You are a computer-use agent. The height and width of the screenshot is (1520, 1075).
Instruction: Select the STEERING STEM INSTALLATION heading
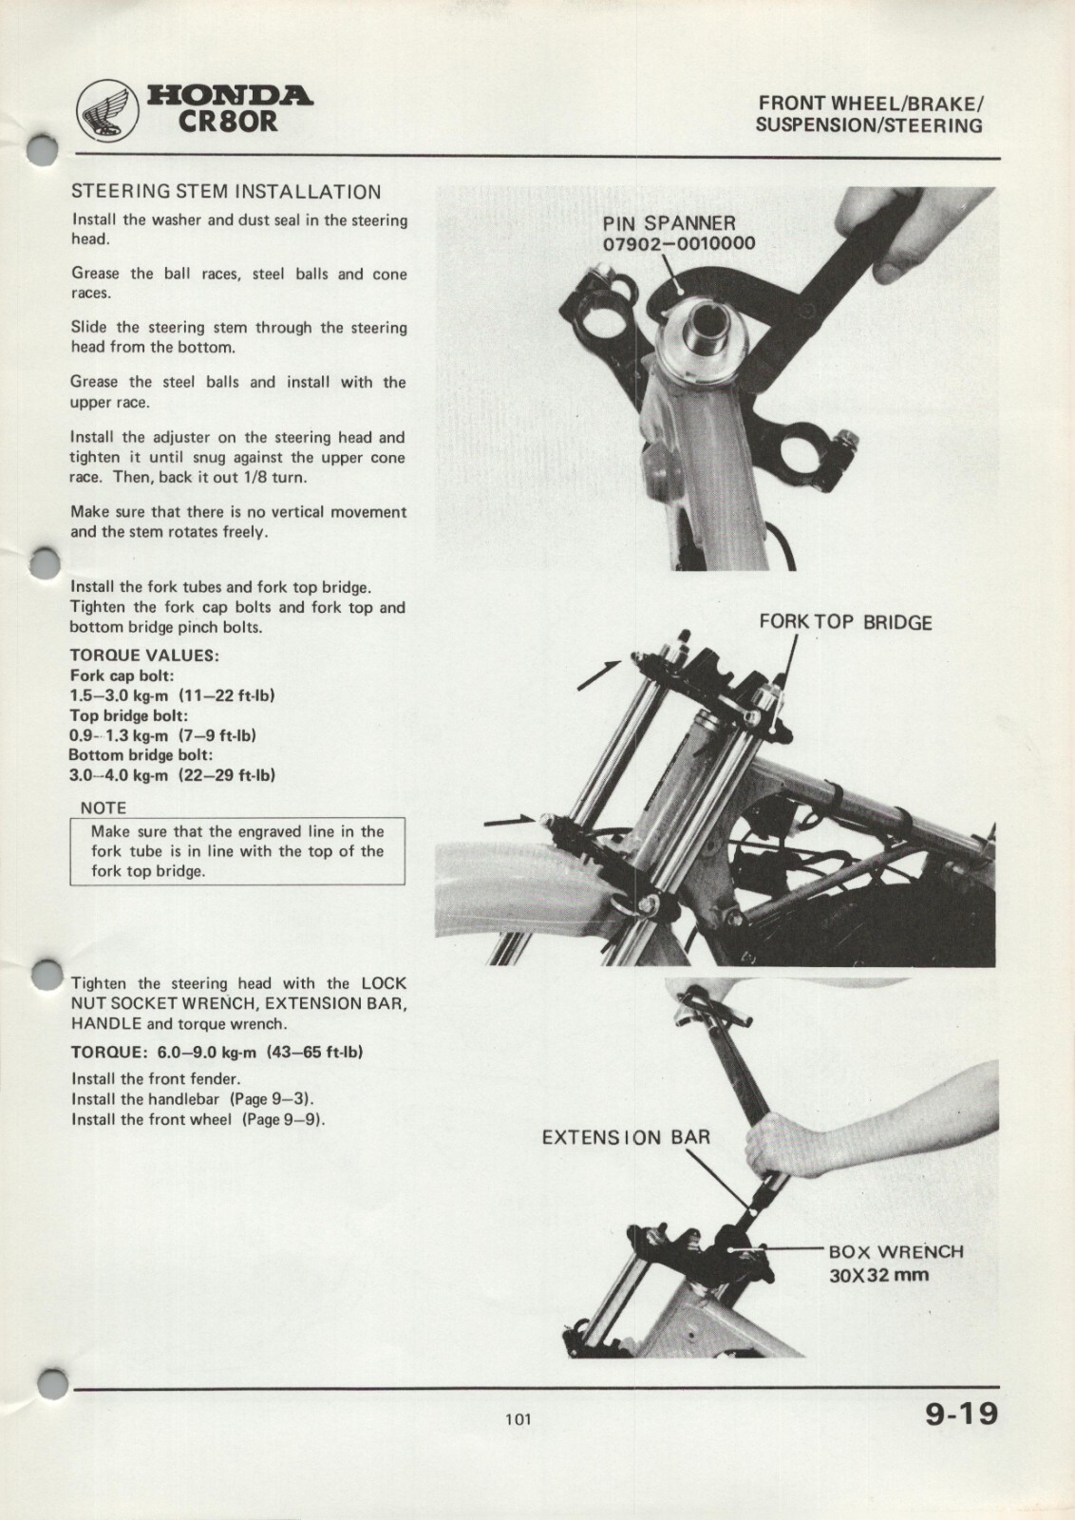pyautogui.click(x=226, y=192)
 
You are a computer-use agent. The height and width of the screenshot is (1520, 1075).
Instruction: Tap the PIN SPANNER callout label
pyautogui.click(x=669, y=223)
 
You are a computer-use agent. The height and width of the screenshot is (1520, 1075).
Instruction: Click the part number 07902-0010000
pyautogui.click(x=679, y=243)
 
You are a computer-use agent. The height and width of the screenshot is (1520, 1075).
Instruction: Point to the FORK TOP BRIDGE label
pyautogui.click(x=845, y=622)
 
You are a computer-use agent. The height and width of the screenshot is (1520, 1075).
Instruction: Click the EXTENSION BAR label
pyautogui.click(x=626, y=1137)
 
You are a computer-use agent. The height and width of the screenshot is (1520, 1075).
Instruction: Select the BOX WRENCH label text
pyautogui.click(x=896, y=1252)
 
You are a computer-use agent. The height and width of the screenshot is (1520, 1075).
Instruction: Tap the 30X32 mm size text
pyautogui.click(x=878, y=1275)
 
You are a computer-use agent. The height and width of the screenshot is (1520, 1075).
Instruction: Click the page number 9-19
pyautogui.click(x=962, y=1414)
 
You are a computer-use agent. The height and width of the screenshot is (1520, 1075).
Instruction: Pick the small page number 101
pyautogui.click(x=518, y=1419)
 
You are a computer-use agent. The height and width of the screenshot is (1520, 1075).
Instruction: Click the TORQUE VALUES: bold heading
pyautogui.click(x=144, y=655)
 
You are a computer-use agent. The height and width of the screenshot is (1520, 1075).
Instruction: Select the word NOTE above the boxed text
pyautogui.click(x=103, y=807)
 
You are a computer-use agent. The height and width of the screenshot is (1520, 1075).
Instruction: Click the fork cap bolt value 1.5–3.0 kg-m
pyautogui.click(x=119, y=695)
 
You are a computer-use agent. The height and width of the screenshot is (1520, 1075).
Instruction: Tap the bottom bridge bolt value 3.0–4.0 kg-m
pyautogui.click(x=119, y=775)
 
